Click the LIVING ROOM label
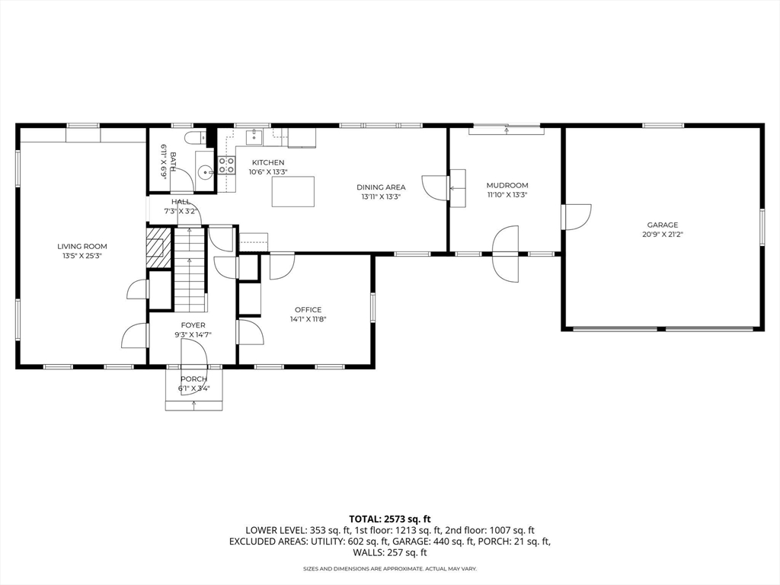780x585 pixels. coord(82,246)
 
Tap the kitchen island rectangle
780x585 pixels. coord(294,191)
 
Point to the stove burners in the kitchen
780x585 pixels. coord(226,165)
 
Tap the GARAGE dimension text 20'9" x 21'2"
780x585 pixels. coord(662,235)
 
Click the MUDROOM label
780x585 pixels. coord(507,185)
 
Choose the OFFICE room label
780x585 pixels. coord(308,309)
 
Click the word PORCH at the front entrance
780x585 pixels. coord(193,379)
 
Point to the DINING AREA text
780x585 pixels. coord(381,187)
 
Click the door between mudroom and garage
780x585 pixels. coord(575,216)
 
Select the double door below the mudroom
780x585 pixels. coord(506,253)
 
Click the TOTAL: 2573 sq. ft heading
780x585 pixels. coord(389,518)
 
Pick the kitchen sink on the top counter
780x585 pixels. coord(254,137)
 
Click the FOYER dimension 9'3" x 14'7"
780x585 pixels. coord(193,334)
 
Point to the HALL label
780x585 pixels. coord(181,202)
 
